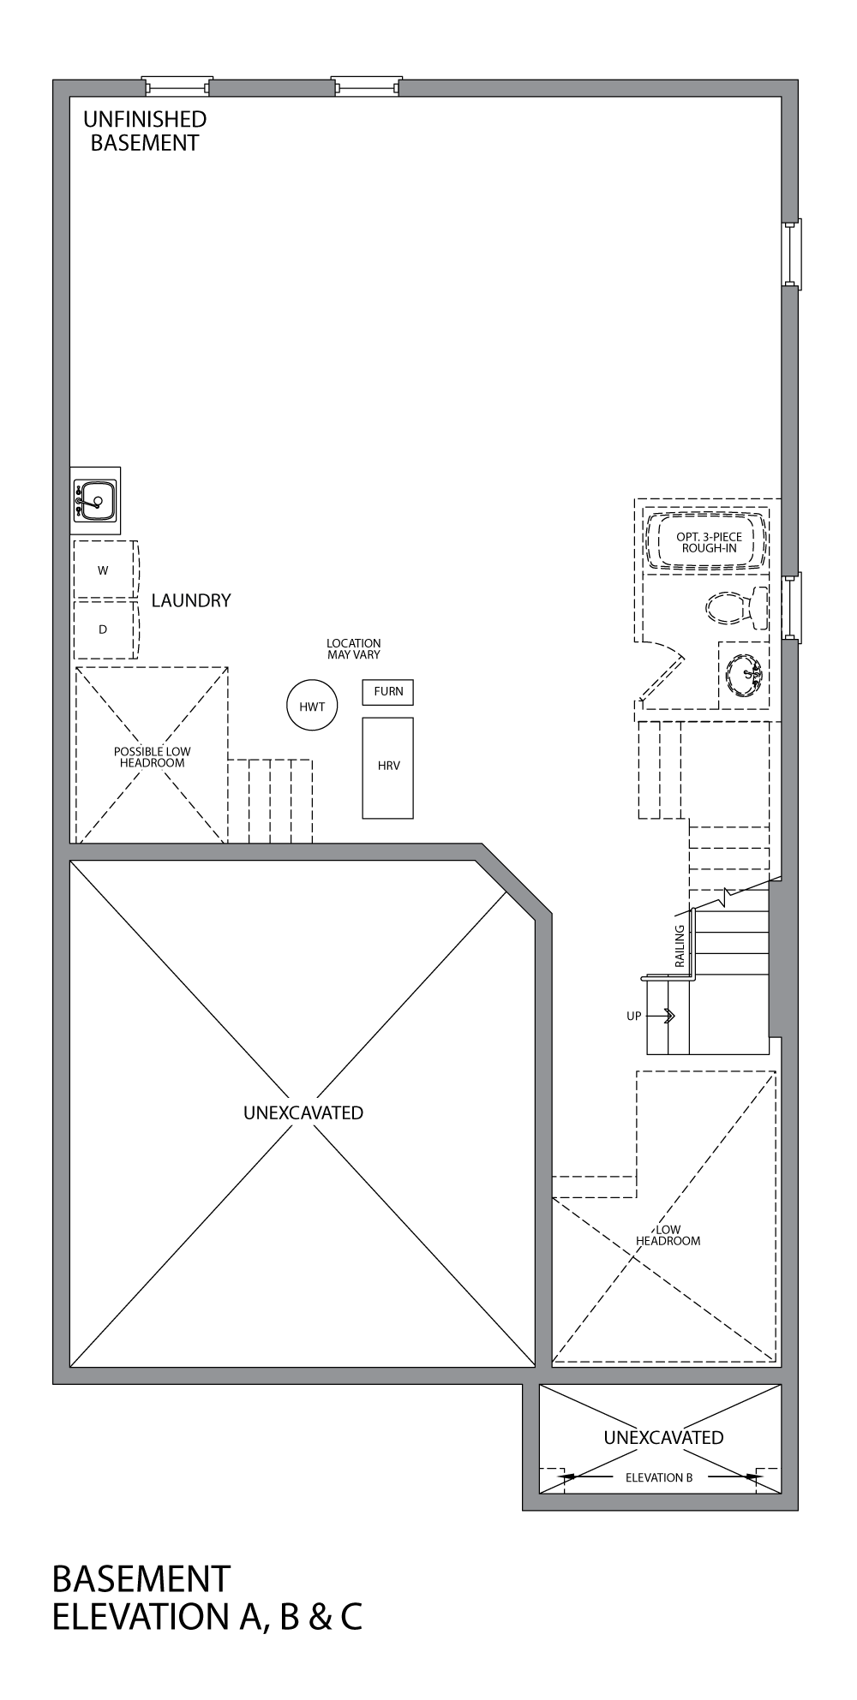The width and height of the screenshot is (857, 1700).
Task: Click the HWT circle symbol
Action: tap(312, 706)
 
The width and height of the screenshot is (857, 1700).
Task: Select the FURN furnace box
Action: tap(388, 692)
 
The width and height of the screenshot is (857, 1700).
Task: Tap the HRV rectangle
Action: tap(388, 766)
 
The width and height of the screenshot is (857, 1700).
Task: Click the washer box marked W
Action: tap(104, 570)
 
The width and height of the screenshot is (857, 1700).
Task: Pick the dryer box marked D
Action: tap(104, 629)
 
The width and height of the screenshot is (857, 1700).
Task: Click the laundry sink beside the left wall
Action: tap(96, 500)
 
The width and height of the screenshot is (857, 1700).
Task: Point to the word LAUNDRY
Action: tap(191, 600)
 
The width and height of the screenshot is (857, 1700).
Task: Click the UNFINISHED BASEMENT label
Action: tap(145, 131)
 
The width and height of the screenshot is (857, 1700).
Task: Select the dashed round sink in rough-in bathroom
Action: tap(744, 674)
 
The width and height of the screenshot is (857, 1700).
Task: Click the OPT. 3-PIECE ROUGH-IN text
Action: tap(709, 542)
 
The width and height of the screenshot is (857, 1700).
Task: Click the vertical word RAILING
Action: tap(680, 945)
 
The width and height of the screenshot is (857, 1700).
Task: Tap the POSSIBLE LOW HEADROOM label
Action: tap(153, 757)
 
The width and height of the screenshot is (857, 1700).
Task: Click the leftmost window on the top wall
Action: tap(177, 86)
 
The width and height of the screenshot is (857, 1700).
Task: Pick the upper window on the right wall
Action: tap(792, 254)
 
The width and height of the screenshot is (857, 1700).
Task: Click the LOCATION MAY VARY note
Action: tap(353, 648)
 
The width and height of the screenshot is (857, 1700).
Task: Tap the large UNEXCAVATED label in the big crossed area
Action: tap(303, 1112)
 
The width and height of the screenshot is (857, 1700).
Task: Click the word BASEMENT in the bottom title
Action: tap(141, 1578)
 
